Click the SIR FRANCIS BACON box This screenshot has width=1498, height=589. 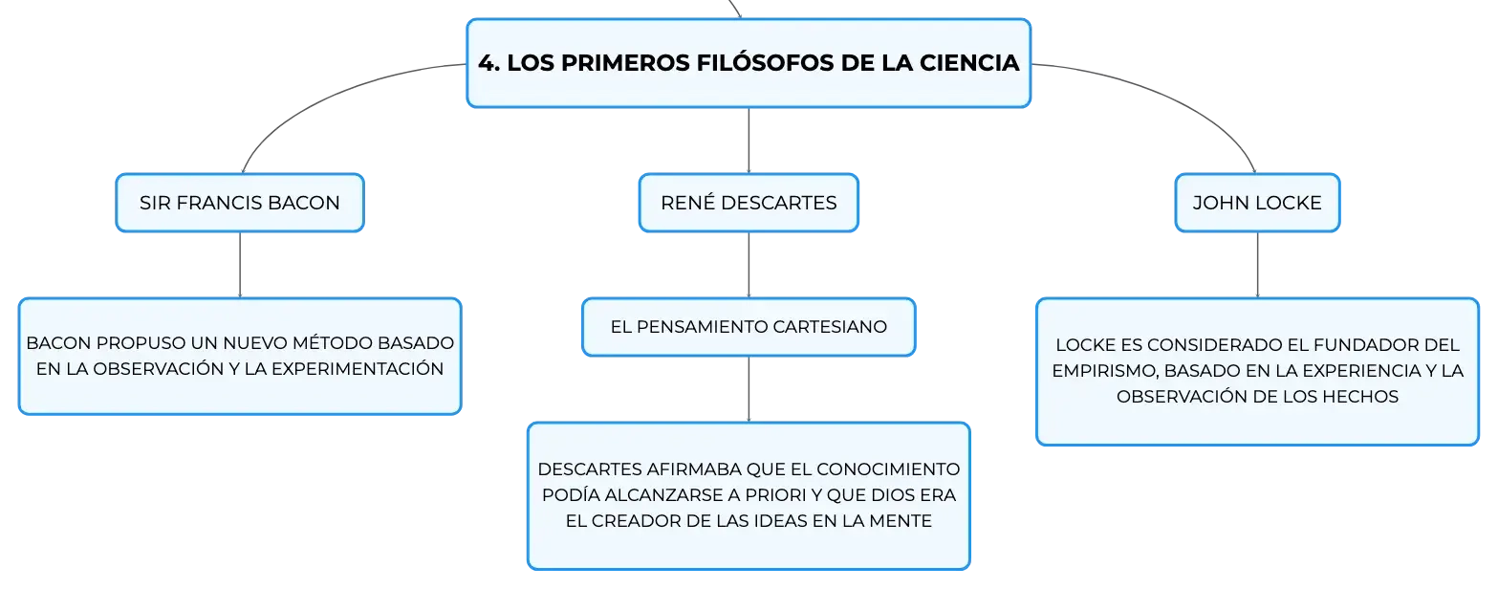(239, 203)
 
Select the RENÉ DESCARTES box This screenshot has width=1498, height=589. (749, 203)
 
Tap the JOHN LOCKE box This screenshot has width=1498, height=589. (1257, 203)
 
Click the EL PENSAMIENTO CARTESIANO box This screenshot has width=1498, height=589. (749, 327)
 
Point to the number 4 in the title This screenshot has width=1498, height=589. (487, 63)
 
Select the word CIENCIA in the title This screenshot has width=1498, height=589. (969, 62)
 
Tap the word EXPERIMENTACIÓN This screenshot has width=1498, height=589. (358, 368)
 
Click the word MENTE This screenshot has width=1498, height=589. (901, 521)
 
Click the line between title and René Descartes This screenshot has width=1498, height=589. (749, 141)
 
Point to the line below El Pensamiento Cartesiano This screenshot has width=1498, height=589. (749, 389)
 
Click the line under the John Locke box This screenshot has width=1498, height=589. (1257, 265)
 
